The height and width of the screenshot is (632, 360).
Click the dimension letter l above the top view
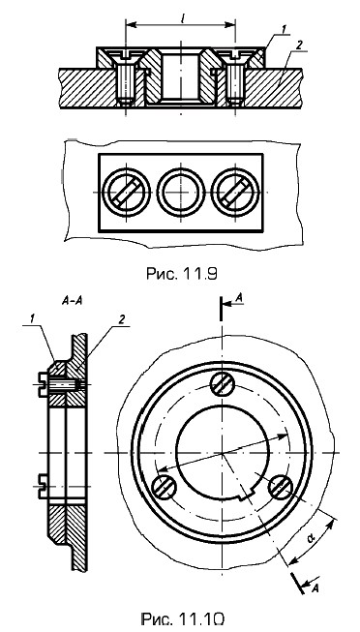tap(181, 17)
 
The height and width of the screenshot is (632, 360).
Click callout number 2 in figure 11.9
tap(298, 45)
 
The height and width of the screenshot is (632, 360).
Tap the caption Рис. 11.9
tap(181, 274)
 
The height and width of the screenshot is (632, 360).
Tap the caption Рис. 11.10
tap(182, 618)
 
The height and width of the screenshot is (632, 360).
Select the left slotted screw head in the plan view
tap(126, 192)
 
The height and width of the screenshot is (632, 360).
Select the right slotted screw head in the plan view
tap(235, 192)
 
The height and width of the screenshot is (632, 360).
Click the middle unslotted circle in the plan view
tap(181, 192)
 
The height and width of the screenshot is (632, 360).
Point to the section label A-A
tap(73, 301)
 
